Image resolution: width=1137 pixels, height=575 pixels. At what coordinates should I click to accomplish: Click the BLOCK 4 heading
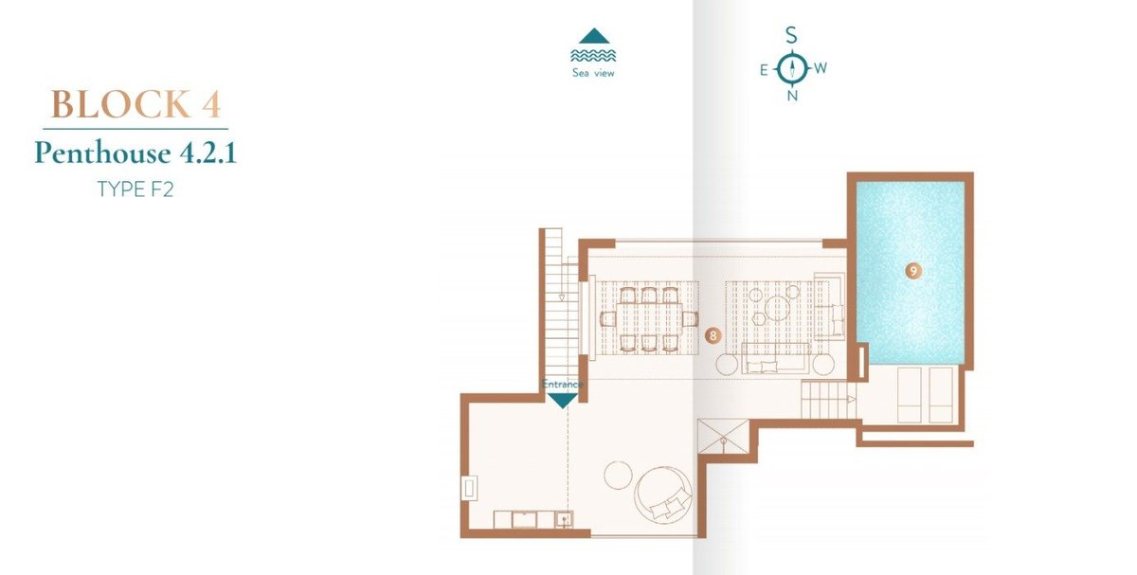click(x=135, y=104)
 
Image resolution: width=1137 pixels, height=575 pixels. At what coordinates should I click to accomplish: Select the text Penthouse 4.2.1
click(x=135, y=153)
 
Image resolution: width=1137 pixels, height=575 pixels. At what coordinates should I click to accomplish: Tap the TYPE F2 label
click(x=135, y=189)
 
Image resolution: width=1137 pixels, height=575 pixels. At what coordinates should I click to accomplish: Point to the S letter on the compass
click(x=791, y=36)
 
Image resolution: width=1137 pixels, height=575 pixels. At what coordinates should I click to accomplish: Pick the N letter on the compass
click(x=792, y=96)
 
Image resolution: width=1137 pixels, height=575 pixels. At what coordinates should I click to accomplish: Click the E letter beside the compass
click(x=764, y=70)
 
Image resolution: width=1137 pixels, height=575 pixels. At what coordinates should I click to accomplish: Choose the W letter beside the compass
click(x=821, y=67)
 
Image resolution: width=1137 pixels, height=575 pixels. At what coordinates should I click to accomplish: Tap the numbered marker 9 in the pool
click(x=913, y=271)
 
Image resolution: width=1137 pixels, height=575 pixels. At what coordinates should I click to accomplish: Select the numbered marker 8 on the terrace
click(x=713, y=335)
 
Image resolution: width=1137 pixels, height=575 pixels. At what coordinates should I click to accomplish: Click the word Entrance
click(x=562, y=385)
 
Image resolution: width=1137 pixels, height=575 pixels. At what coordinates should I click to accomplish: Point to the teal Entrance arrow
click(x=563, y=401)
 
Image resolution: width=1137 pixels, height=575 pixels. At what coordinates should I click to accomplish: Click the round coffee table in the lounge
click(x=777, y=308)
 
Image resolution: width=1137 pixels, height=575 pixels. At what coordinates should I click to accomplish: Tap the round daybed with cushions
click(x=663, y=494)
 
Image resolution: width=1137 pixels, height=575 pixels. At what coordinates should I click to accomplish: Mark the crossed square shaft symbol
click(x=723, y=436)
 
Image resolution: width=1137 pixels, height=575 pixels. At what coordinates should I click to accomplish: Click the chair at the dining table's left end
click(x=608, y=318)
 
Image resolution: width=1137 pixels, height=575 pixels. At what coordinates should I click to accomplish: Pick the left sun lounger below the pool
click(x=909, y=395)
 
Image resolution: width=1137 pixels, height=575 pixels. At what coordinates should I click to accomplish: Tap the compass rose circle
click(x=791, y=68)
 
